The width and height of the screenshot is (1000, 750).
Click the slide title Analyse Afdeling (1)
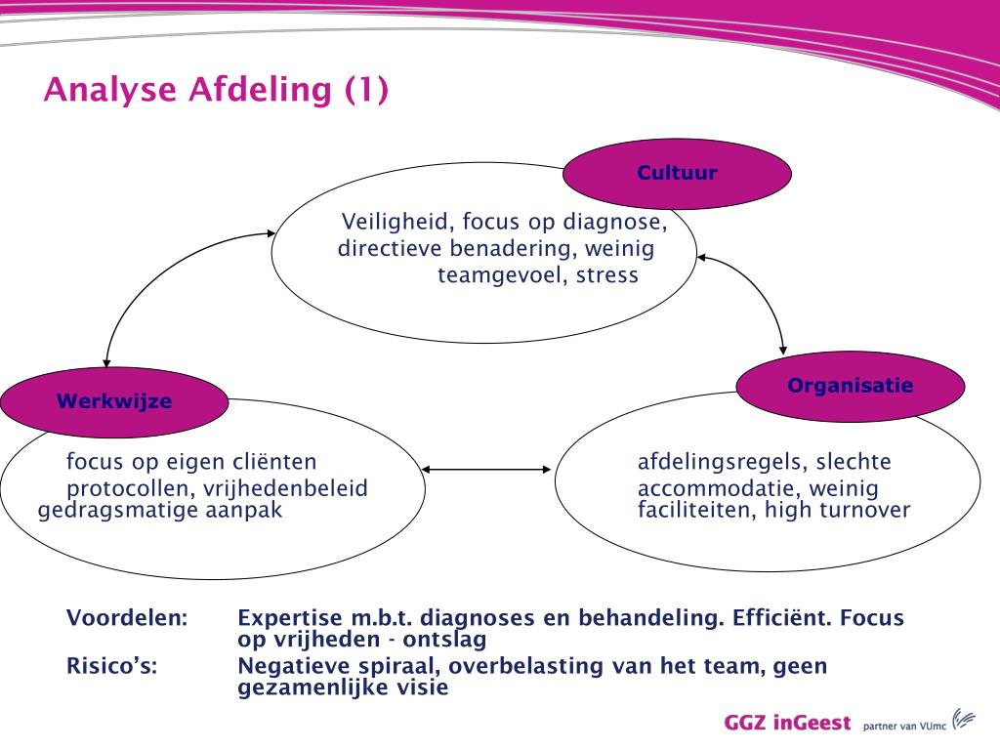[x=216, y=90]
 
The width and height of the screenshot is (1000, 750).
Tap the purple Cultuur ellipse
[x=677, y=174]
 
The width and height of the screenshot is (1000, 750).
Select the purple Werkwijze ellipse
[x=113, y=401]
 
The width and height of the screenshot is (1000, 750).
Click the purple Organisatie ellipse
[x=850, y=386]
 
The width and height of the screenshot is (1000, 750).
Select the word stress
[x=606, y=275]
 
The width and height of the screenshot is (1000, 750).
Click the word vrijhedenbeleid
[x=284, y=488]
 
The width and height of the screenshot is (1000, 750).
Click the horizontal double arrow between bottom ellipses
[x=486, y=470]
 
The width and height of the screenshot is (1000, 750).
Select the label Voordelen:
[x=127, y=618]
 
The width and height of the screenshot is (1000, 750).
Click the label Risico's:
[x=111, y=667]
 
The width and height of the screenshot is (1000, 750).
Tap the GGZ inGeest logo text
[x=787, y=724]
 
